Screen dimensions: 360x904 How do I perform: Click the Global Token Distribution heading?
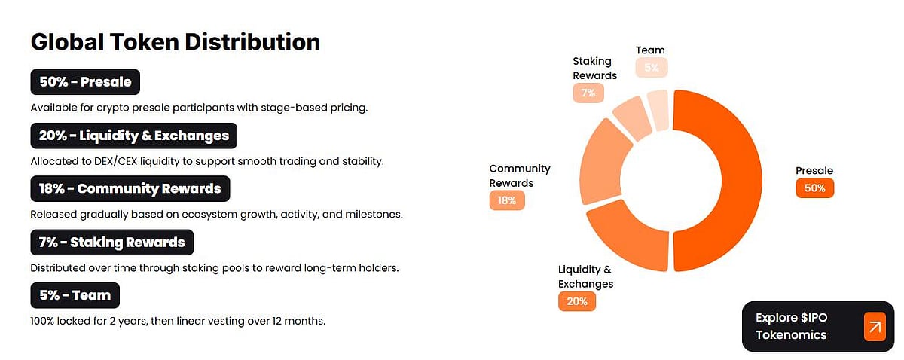coord(176,42)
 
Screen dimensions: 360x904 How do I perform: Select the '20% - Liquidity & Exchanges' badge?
coord(134,136)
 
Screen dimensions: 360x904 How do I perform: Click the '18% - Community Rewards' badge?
coord(130,188)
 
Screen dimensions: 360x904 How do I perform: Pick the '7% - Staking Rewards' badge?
coord(111,243)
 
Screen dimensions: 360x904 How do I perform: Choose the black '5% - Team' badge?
coord(75,295)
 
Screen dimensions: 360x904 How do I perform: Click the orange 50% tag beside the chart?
coord(814,188)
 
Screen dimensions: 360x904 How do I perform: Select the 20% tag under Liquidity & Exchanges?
coord(576,301)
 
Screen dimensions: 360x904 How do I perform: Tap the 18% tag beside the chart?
coord(507,200)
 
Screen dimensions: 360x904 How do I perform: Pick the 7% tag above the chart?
coord(588,93)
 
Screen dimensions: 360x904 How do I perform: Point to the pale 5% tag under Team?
coord(651,68)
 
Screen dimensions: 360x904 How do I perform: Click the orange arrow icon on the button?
coord(875,327)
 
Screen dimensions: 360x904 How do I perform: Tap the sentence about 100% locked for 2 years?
coord(178,321)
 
